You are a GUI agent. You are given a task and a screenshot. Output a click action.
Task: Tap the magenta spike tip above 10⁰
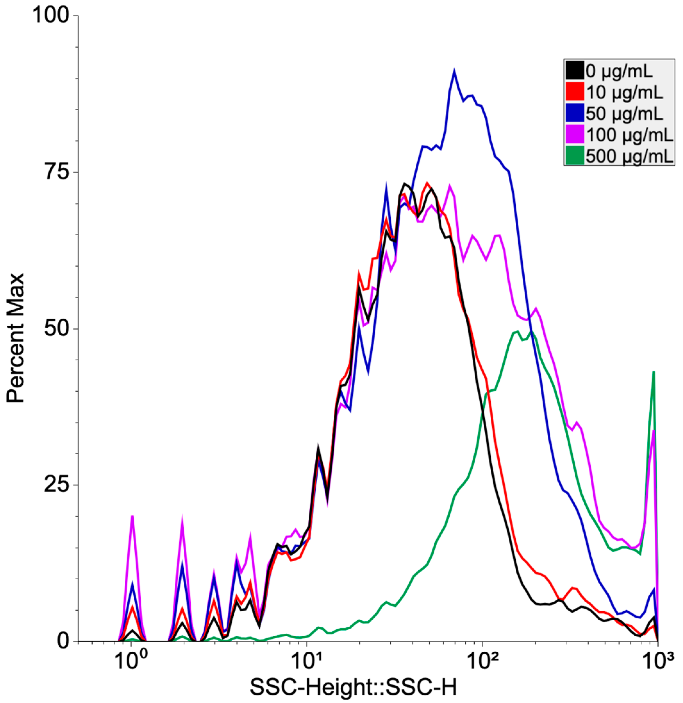pyautogui.click(x=132, y=516)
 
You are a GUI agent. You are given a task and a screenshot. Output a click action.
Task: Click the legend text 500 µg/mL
pyautogui.click(x=630, y=155)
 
